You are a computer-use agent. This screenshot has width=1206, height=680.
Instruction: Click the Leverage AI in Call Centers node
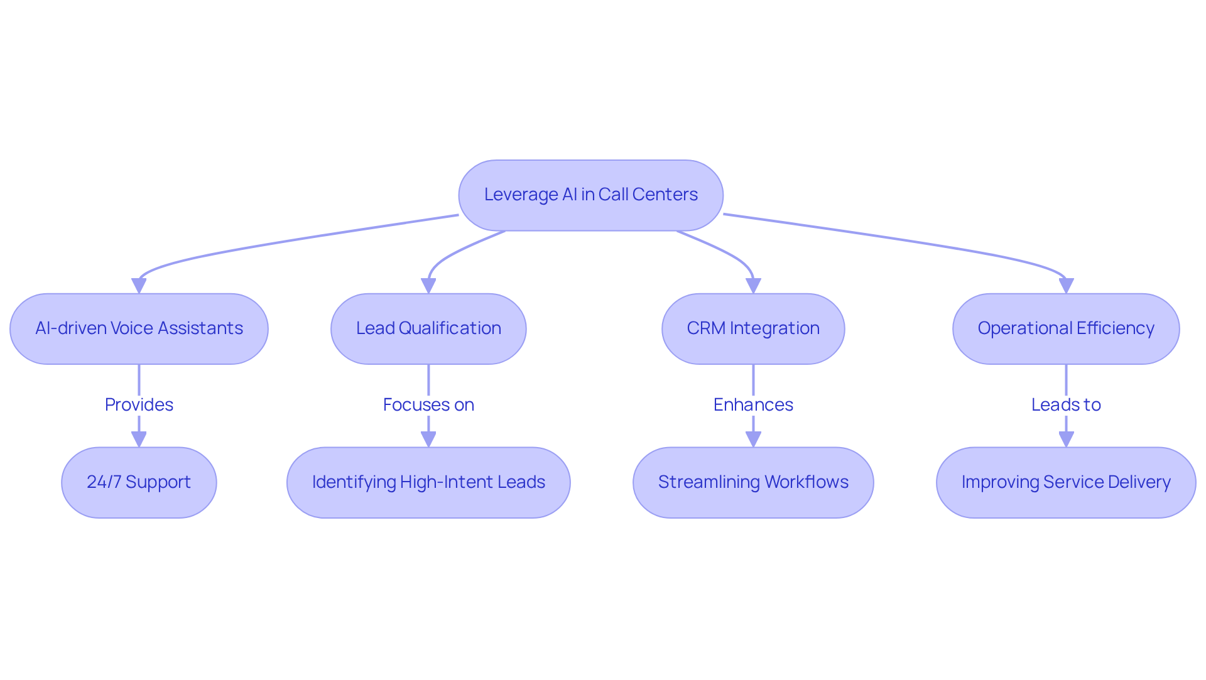(x=590, y=195)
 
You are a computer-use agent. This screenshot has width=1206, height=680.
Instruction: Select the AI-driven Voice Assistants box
(x=139, y=328)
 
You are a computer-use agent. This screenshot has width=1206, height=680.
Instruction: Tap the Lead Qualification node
(x=428, y=328)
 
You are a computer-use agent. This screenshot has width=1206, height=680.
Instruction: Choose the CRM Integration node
(x=753, y=328)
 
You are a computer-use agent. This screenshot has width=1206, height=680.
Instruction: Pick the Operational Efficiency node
(x=1066, y=328)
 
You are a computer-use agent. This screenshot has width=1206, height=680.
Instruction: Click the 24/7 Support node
(x=139, y=482)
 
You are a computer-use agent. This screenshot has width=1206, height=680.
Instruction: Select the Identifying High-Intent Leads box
(x=428, y=482)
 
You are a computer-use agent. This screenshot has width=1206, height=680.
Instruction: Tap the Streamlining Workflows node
(x=753, y=482)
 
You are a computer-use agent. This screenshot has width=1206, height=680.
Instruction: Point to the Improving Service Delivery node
(x=1066, y=482)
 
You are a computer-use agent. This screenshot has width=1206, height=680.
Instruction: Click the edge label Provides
(x=139, y=404)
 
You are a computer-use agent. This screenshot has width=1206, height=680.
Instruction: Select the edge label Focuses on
(x=428, y=404)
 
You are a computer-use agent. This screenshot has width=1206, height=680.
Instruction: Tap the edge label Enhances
(x=753, y=404)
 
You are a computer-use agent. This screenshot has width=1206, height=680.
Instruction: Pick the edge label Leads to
(x=1066, y=404)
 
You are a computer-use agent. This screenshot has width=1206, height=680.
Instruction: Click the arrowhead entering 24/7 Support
(x=139, y=439)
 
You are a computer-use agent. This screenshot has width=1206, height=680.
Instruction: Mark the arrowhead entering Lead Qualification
(x=428, y=286)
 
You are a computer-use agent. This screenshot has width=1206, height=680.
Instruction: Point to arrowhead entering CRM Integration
(x=753, y=286)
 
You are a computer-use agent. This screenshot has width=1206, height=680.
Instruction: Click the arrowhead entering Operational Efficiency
(x=1066, y=286)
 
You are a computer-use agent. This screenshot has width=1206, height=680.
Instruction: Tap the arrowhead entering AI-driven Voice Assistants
(x=139, y=286)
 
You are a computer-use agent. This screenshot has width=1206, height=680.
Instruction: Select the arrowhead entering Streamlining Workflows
(x=753, y=439)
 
